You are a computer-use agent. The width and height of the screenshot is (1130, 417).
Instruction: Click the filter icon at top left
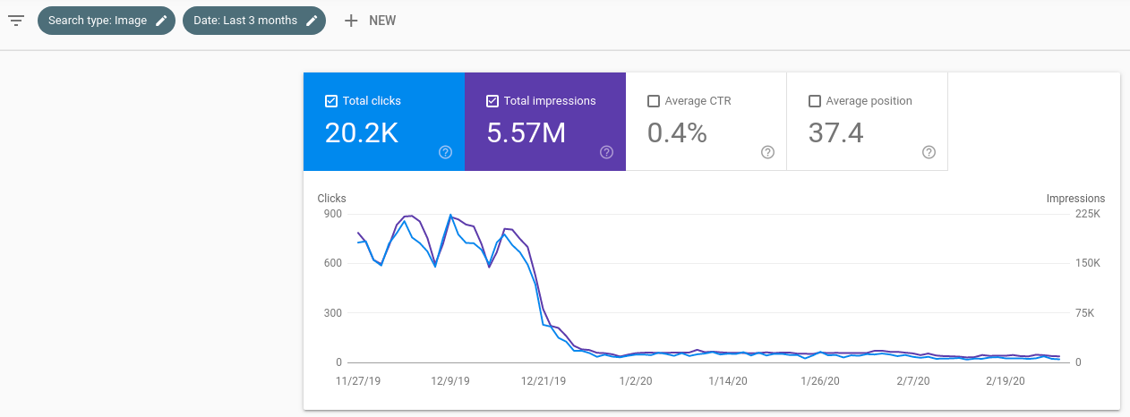point(16,20)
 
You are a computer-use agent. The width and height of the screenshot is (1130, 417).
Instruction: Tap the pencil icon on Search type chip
point(161,21)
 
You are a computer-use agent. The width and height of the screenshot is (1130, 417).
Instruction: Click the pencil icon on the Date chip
point(312,21)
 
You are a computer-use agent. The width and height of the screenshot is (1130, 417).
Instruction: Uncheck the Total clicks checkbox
point(331,101)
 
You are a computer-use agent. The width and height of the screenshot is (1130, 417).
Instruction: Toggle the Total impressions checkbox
point(492,101)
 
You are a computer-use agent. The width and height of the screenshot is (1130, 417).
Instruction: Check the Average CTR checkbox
point(654,101)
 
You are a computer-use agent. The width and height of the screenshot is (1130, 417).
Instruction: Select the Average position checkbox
point(815,101)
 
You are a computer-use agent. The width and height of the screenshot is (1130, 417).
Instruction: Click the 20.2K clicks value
point(362,133)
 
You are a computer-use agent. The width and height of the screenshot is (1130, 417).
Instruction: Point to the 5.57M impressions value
point(526,133)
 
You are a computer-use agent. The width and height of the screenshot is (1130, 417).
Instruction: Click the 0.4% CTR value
point(677,133)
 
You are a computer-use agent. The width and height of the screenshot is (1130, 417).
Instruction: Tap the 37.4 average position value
point(836,133)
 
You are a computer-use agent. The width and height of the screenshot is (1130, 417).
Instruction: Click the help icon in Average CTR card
point(767,152)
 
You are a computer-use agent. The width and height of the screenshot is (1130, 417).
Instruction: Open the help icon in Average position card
point(929,152)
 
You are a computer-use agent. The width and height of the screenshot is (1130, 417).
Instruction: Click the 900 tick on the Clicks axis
point(332,214)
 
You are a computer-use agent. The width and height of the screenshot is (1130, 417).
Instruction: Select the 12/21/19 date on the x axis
point(544,380)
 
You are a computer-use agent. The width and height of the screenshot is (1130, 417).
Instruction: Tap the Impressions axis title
point(1075,199)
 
